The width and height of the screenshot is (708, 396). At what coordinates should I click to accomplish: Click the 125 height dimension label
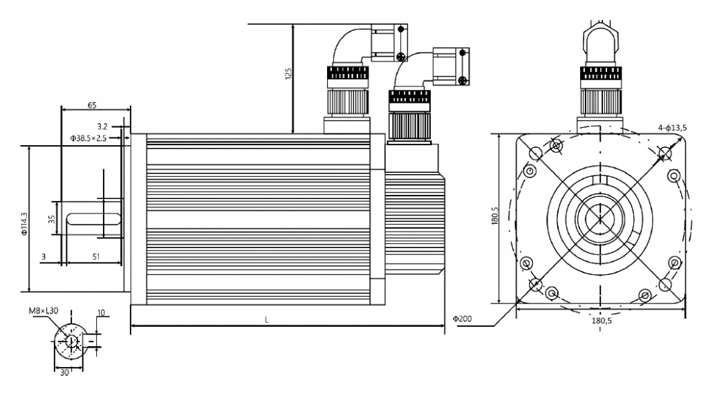(288, 73)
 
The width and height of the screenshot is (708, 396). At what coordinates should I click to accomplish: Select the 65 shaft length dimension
(92, 105)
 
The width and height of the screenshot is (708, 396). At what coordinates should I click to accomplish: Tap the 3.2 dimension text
(102, 126)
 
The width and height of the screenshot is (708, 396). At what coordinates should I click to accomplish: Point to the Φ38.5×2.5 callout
(88, 138)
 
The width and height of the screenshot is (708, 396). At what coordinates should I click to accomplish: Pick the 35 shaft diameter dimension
(52, 219)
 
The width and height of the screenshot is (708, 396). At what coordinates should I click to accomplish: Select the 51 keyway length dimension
(96, 256)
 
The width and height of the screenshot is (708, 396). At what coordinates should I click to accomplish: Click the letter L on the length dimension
(266, 320)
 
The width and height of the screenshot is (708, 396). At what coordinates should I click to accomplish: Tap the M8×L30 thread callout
(44, 311)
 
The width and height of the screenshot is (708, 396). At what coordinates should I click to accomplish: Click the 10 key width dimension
(101, 312)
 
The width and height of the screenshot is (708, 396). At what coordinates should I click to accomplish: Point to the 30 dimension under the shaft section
(64, 373)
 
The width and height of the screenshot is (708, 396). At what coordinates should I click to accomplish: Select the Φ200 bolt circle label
(463, 319)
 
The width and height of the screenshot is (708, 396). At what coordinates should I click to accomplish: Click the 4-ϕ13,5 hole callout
(672, 128)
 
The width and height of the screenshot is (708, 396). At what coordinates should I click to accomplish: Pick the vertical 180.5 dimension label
(494, 216)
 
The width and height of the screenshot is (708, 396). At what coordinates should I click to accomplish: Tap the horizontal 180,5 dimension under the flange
(602, 321)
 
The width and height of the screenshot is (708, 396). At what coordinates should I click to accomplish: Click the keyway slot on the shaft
(93, 218)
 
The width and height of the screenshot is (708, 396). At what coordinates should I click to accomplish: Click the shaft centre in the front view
(600, 219)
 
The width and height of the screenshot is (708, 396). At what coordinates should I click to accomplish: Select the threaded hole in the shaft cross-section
(71, 341)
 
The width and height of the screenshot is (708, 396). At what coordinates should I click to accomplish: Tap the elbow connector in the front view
(601, 43)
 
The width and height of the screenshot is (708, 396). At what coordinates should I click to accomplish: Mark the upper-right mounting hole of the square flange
(664, 153)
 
